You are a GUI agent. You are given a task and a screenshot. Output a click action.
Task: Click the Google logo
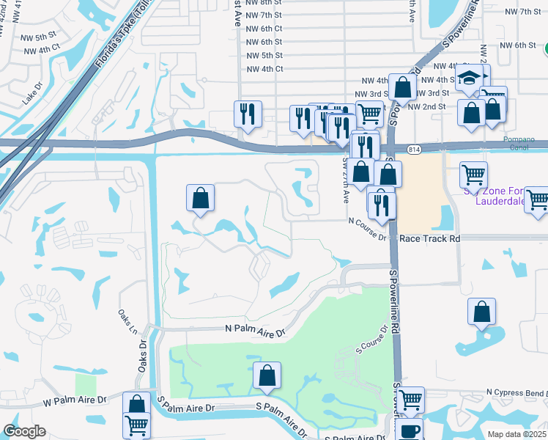[x=24, y=431]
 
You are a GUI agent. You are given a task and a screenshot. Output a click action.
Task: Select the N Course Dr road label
[x=367, y=228]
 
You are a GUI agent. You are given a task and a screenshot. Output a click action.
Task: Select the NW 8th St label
[x=264, y=3]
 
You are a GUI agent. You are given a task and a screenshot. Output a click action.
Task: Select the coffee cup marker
[x=410, y=430]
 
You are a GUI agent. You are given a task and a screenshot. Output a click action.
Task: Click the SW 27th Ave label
[x=345, y=181]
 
